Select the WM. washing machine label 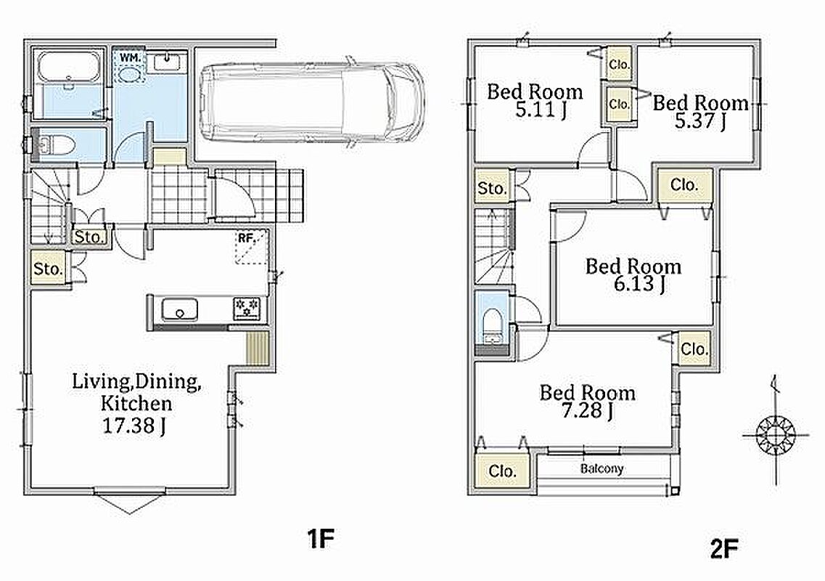130,57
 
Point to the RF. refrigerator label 246,238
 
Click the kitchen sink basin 179,309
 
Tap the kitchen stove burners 247,309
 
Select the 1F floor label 321,538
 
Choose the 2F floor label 724,549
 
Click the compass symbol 775,435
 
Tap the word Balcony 602,468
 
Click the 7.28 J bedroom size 587,410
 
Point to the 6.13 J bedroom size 639,284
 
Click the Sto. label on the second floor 492,188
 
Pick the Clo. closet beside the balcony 502,471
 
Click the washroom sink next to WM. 168,63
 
